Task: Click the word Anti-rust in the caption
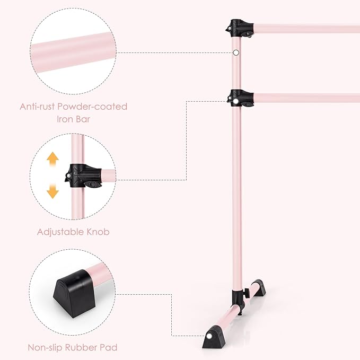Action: click(x=37, y=107)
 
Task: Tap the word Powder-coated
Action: click(x=92, y=107)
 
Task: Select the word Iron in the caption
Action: click(x=65, y=119)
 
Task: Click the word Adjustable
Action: click(x=60, y=232)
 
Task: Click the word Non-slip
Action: click(x=45, y=347)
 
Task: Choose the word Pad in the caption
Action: click(x=108, y=347)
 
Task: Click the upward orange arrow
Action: click(x=52, y=159)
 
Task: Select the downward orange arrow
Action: click(x=52, y=191)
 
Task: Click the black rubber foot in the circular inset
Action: click(x=74, y=293)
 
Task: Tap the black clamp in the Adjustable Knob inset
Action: click(x=83, y=175)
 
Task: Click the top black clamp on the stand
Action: click(x=240, y=29)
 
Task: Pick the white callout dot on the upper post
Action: click(x=236, y=53)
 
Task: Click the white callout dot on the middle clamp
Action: click(x=235, y=101)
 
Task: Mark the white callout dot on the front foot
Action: click(x=209, y=336)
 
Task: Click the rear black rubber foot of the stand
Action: click(x=259, y=287)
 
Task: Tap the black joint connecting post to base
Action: click(x=238, y=301)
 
